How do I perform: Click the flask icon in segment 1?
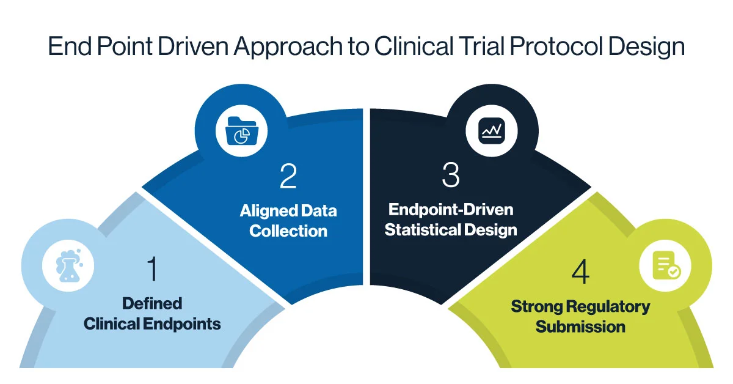click(x=68, y=267)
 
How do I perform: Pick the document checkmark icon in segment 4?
click(x=665, y=266)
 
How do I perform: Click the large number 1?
click(x=152, y=268)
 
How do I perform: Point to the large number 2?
click(x=288, y=175)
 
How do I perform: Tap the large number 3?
click(x=450, y=175)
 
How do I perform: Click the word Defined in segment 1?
click(x=152, y=303)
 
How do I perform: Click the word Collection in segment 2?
click(x=288, y=231)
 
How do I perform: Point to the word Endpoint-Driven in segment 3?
click(x=451, y=210)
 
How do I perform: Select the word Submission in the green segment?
click(x=580, y=326)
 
